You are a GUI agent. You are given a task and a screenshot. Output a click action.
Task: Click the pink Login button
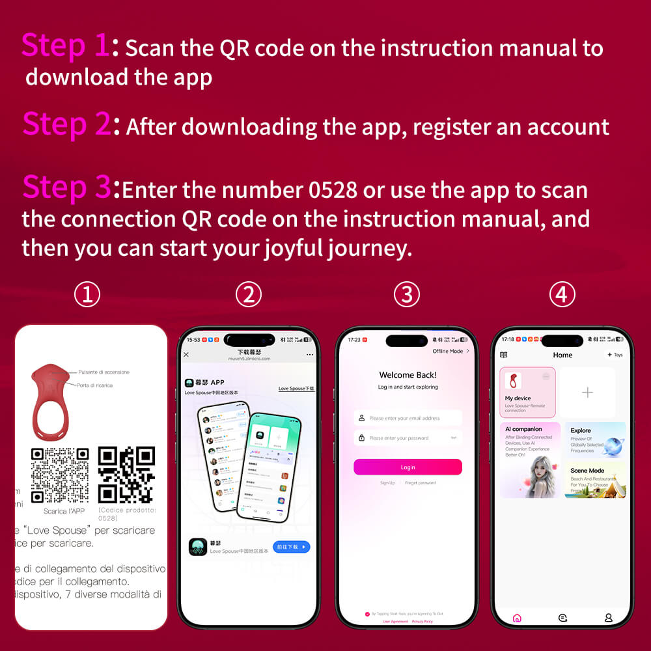coord(408,467)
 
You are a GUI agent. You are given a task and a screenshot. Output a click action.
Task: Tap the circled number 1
coord(87,295)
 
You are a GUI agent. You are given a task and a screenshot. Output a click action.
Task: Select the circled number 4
coord(562,295)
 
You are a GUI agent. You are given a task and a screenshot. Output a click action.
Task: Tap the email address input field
coord(408,418)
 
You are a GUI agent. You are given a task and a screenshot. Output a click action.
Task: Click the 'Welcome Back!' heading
coord(408,375)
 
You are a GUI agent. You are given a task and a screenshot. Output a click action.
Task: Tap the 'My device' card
coord(527,392)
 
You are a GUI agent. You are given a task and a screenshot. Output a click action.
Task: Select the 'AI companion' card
coord(530,460)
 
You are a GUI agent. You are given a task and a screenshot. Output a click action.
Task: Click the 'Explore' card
coord(595,439)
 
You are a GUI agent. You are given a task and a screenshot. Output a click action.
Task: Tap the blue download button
coord(291,547)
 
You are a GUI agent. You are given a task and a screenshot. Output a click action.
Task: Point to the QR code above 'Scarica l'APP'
coord(60,475)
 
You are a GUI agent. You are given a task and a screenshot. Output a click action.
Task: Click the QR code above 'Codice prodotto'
coord(126,475)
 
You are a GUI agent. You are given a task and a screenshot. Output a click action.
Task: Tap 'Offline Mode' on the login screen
coord(450,351)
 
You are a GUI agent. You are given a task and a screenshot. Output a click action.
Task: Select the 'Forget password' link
coord(421,483)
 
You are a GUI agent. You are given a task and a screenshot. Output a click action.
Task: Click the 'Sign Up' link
coord(387,483)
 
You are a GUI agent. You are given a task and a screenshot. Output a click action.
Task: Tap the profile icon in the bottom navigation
coord(609,617)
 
